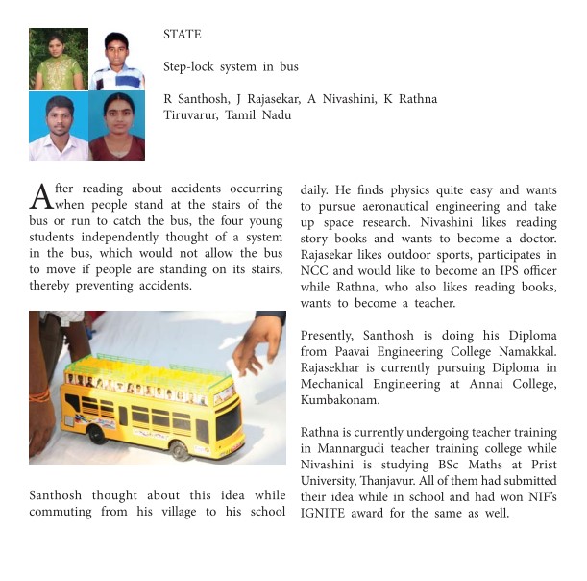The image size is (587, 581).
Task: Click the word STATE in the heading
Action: pos(183,35)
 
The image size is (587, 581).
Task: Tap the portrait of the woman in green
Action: pos(58,59)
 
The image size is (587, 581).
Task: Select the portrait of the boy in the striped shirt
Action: pos(116,59)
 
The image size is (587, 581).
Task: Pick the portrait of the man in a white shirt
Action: pos(58,126)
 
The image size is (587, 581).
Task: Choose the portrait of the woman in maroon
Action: pos(116,126)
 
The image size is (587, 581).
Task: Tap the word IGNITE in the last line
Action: pos(322,513)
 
